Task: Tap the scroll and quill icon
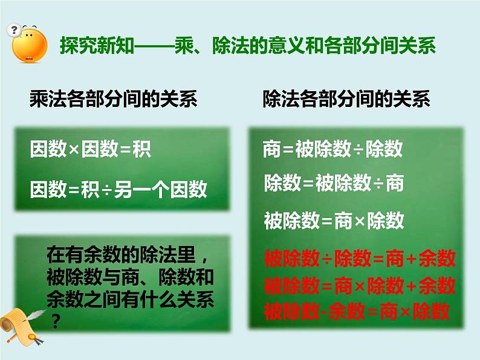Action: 23,326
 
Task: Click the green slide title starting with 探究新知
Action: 247,47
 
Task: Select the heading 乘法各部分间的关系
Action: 114,99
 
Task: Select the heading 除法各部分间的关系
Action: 346,99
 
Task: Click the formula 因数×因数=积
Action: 91,149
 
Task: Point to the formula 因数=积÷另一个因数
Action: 119,190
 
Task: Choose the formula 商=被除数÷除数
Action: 333,149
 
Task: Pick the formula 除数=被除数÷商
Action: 333,182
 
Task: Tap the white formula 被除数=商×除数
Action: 334,220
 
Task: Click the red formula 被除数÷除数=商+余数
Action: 359,259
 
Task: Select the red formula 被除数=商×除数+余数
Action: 359,285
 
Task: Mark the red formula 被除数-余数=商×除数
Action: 356,311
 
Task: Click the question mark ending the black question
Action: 56,322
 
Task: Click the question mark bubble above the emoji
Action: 14,29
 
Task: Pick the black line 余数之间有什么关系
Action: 129,300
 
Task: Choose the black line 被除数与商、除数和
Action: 129,278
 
